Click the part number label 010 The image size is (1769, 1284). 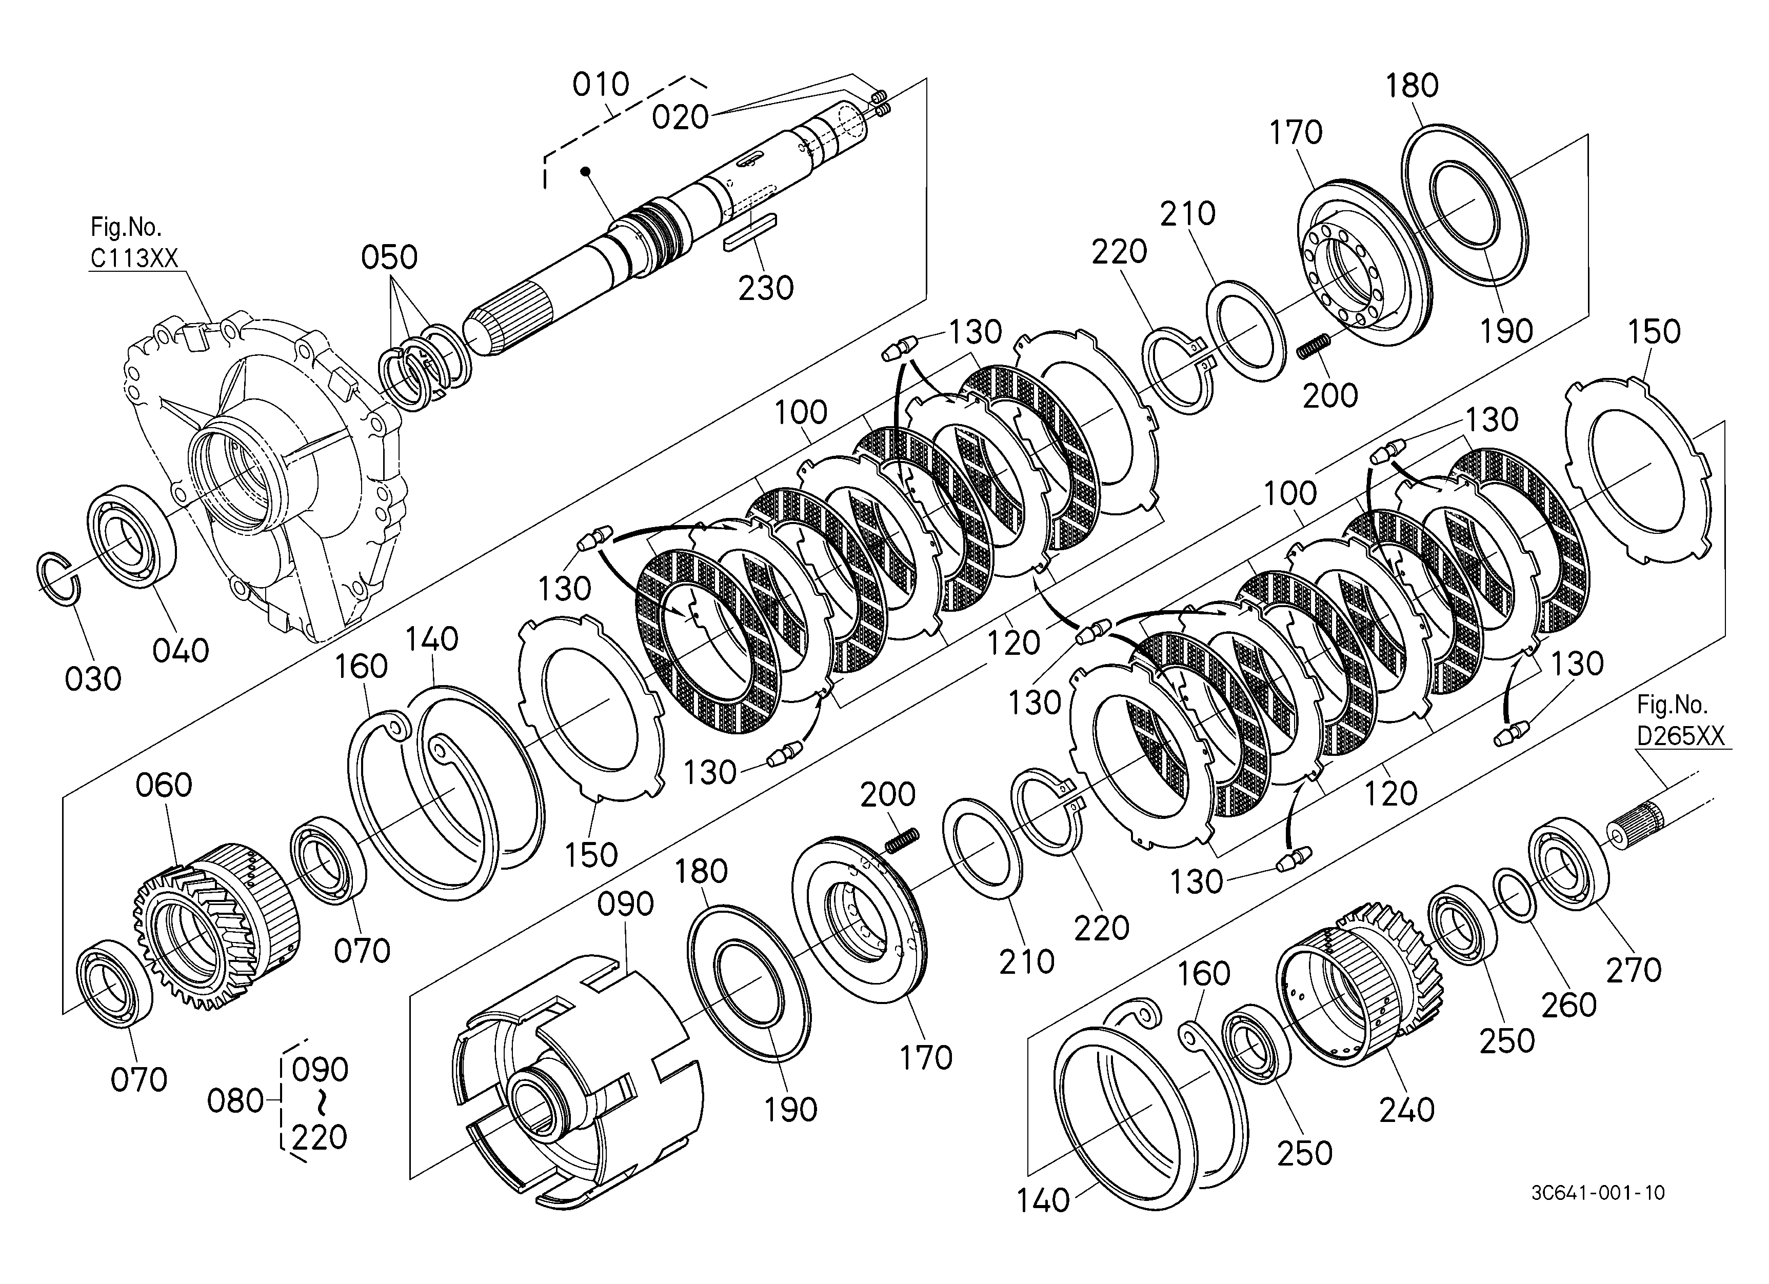(x=601, y=84)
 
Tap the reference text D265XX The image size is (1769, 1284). (x=1680, y=735)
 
